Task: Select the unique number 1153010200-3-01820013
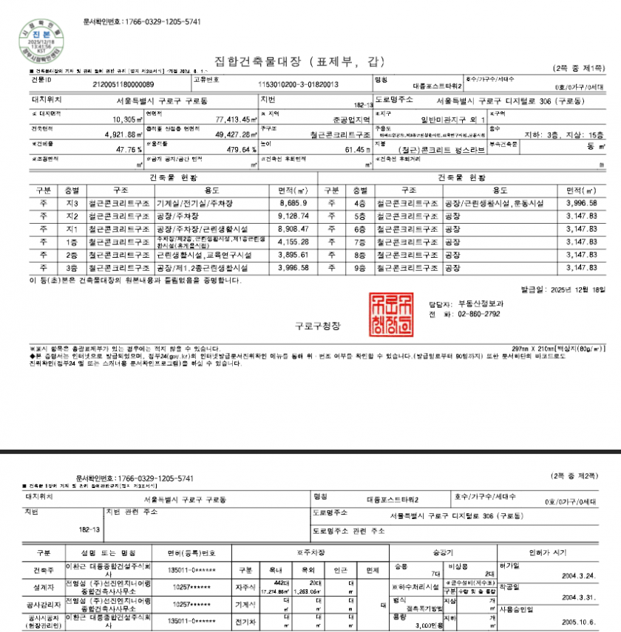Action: tap(299, 85)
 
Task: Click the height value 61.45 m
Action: tap(355, 149)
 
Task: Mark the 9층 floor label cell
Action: tap(360, 267)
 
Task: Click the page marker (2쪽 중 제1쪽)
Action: tap(578, 68)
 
